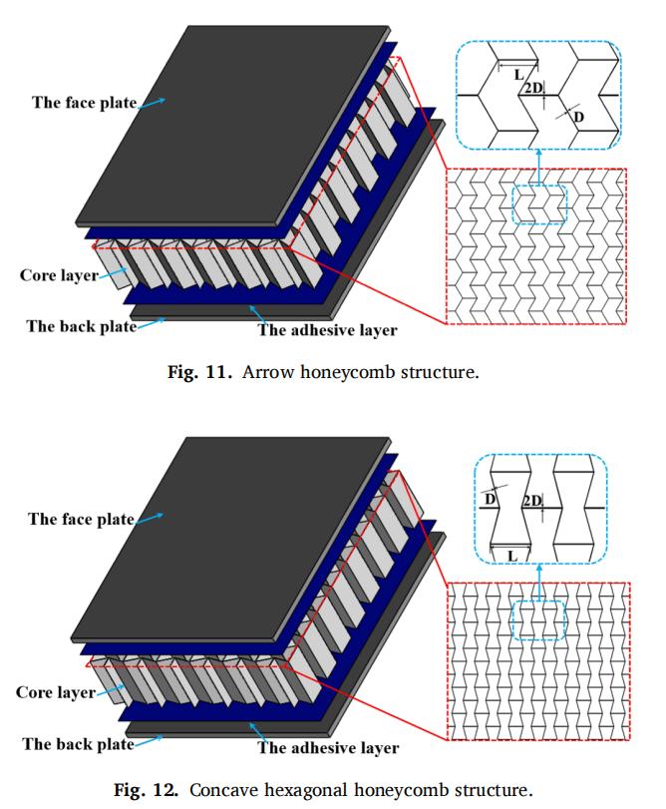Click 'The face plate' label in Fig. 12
[81, 519]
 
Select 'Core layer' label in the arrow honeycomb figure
[59, 274]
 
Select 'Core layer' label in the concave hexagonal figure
[56, 691]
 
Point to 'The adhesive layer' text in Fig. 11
[328, 330]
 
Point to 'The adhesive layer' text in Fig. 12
[328, 747]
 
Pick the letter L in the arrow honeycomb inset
[518, 75]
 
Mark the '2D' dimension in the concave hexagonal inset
[533, 500]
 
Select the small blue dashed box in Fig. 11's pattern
[539, 204]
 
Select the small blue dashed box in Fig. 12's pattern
[538, 619]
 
